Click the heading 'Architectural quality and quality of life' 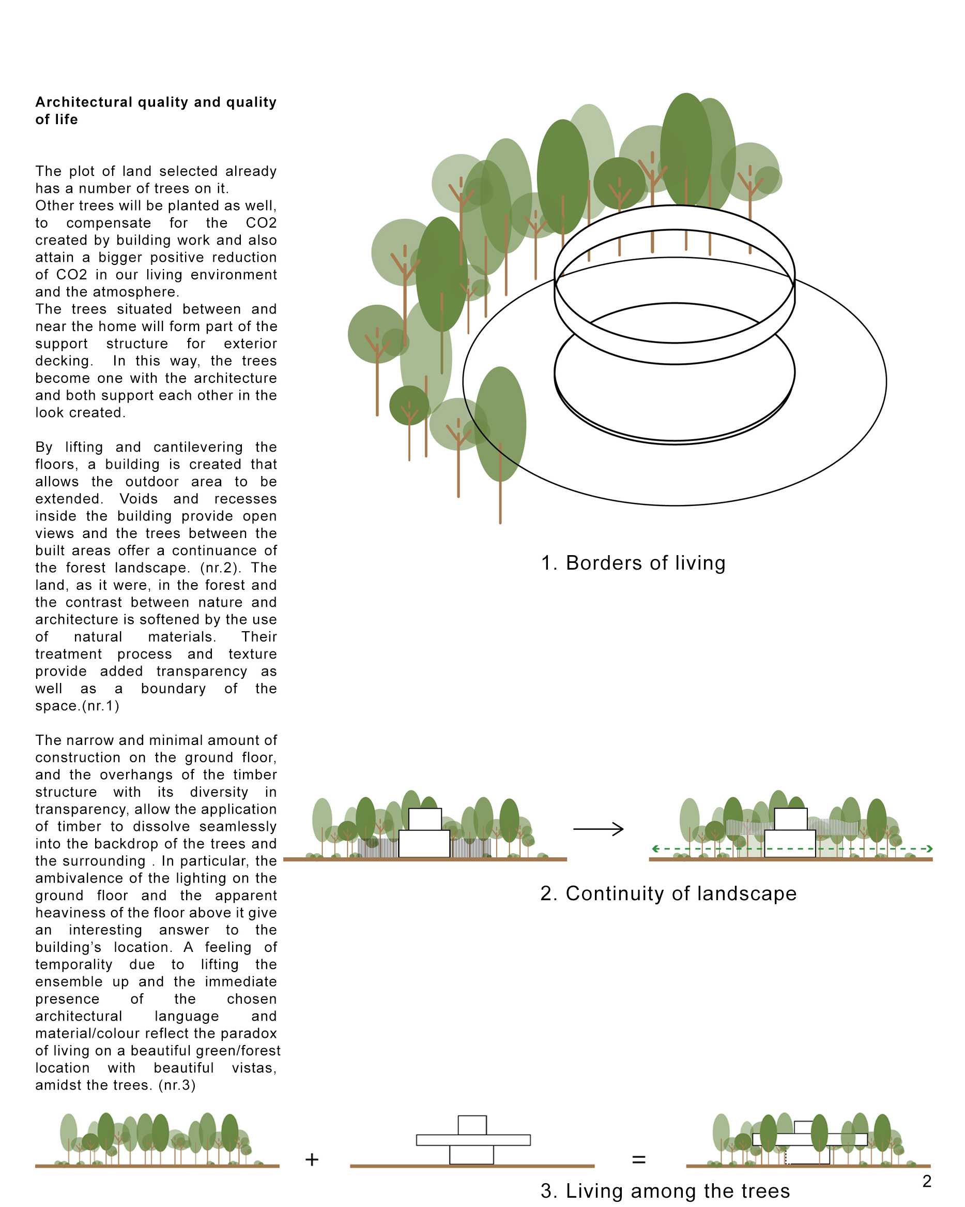pos(156,110)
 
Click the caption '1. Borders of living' pos(633,563)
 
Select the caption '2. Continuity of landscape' pos(668,893)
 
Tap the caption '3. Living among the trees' pos(665,1191)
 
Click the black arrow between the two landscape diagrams pos(598,829)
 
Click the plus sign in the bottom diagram pos(312,1159)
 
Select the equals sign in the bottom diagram pos(638,1159)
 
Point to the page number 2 pos(926,1181)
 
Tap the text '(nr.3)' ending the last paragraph pos(177,1085)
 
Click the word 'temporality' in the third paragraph pos(74,964)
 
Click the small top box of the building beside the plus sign pos(471,1125)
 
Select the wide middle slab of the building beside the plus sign pos(473,1140)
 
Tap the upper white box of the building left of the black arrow pos(424,819)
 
